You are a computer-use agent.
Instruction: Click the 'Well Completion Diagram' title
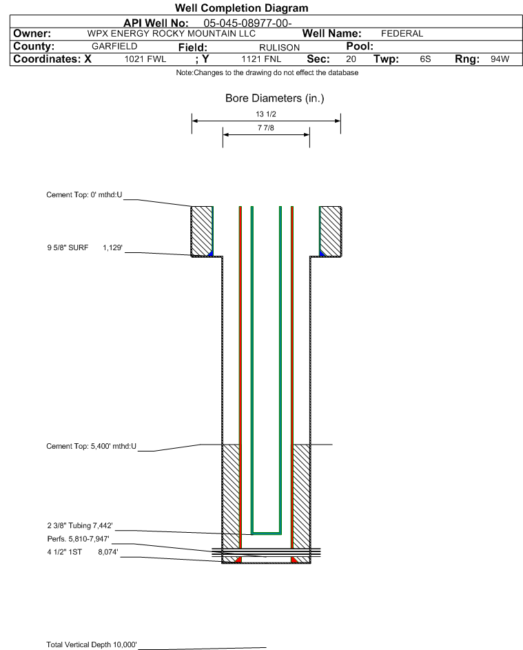click(x=242, y=8)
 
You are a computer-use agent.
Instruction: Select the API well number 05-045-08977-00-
click(x=247, y=23)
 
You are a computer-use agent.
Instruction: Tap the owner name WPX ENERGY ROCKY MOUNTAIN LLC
click(x=171, y=34)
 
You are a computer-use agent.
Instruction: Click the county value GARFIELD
click(x=114, y=46)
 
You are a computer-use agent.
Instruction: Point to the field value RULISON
click(x=279, y=48)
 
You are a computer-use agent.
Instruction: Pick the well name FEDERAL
click(x=402, y=34)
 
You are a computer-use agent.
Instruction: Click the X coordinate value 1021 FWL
click(x=145, y=59)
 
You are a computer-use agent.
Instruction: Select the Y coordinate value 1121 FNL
click(x=261, y=59)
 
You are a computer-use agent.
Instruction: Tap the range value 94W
click(x=500, y=59)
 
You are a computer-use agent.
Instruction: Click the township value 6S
click(x=425, y=59)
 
